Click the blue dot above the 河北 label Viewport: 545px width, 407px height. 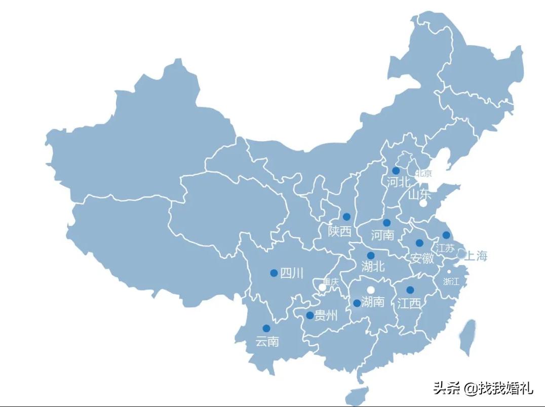point(396,171)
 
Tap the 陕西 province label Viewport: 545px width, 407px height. point(339,231)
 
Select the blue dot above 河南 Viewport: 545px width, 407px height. point(386,223)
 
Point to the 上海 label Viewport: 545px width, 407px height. point(476,256)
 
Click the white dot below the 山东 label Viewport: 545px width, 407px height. point(423,203)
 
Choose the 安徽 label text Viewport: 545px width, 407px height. point(422,258)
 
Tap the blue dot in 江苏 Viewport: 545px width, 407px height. point(446,235)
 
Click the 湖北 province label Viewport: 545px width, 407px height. point(373,266)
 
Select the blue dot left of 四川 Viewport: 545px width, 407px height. point(274,273)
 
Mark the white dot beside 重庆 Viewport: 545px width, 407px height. point(322,288)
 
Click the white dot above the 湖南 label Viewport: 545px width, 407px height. point(371,290)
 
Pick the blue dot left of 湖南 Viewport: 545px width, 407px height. point(357,303)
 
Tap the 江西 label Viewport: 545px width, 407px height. point(409,303)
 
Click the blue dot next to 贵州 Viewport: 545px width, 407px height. point(310,315)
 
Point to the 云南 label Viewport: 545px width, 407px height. point(267,342)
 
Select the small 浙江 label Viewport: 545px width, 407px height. point(451,281)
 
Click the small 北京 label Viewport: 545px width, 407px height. point(424,174)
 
